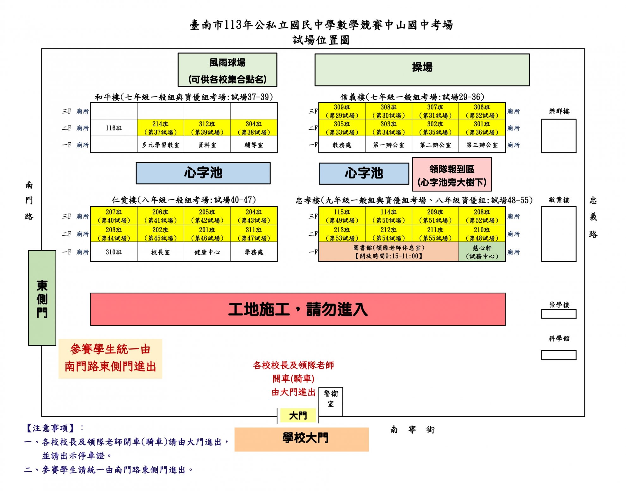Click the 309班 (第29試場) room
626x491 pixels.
pyautogui.click(x=342, y=111)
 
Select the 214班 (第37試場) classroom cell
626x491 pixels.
pyautogui.click(x=160, y=128)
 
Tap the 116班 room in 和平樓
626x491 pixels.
pyautogui.click(x=114, y=128)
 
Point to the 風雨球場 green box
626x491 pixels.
pyautogui.click(x=227, y=70)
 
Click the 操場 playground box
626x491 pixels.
pyautogui.click(x=422, y=70)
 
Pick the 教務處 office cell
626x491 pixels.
pyautogui.click(x=342, y=145)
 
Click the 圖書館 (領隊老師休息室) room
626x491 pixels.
pyautogui.click(x=389, y=252)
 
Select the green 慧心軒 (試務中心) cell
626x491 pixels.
pyautogui.click(x=482, y=252)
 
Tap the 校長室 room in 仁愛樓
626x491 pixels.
pyautogui.click(x=160, y=252)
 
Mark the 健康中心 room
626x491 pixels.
pyautogui.click(x=207, y=252)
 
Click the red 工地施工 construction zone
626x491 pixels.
pyautogui.click(x=298, y=309)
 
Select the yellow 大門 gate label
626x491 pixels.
pyautogui.click(x=298, y=415)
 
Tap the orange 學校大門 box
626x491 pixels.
pyautogui.click(x=302, y=439)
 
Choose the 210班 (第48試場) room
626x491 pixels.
pyautogui.click(x=482, y=234)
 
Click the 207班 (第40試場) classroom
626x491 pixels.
pyautogui.click(x=114, y=216)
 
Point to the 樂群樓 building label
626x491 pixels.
pyautogui.click(x=559, y=111)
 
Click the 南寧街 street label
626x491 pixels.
pyautogui.click(x=412, y=430)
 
